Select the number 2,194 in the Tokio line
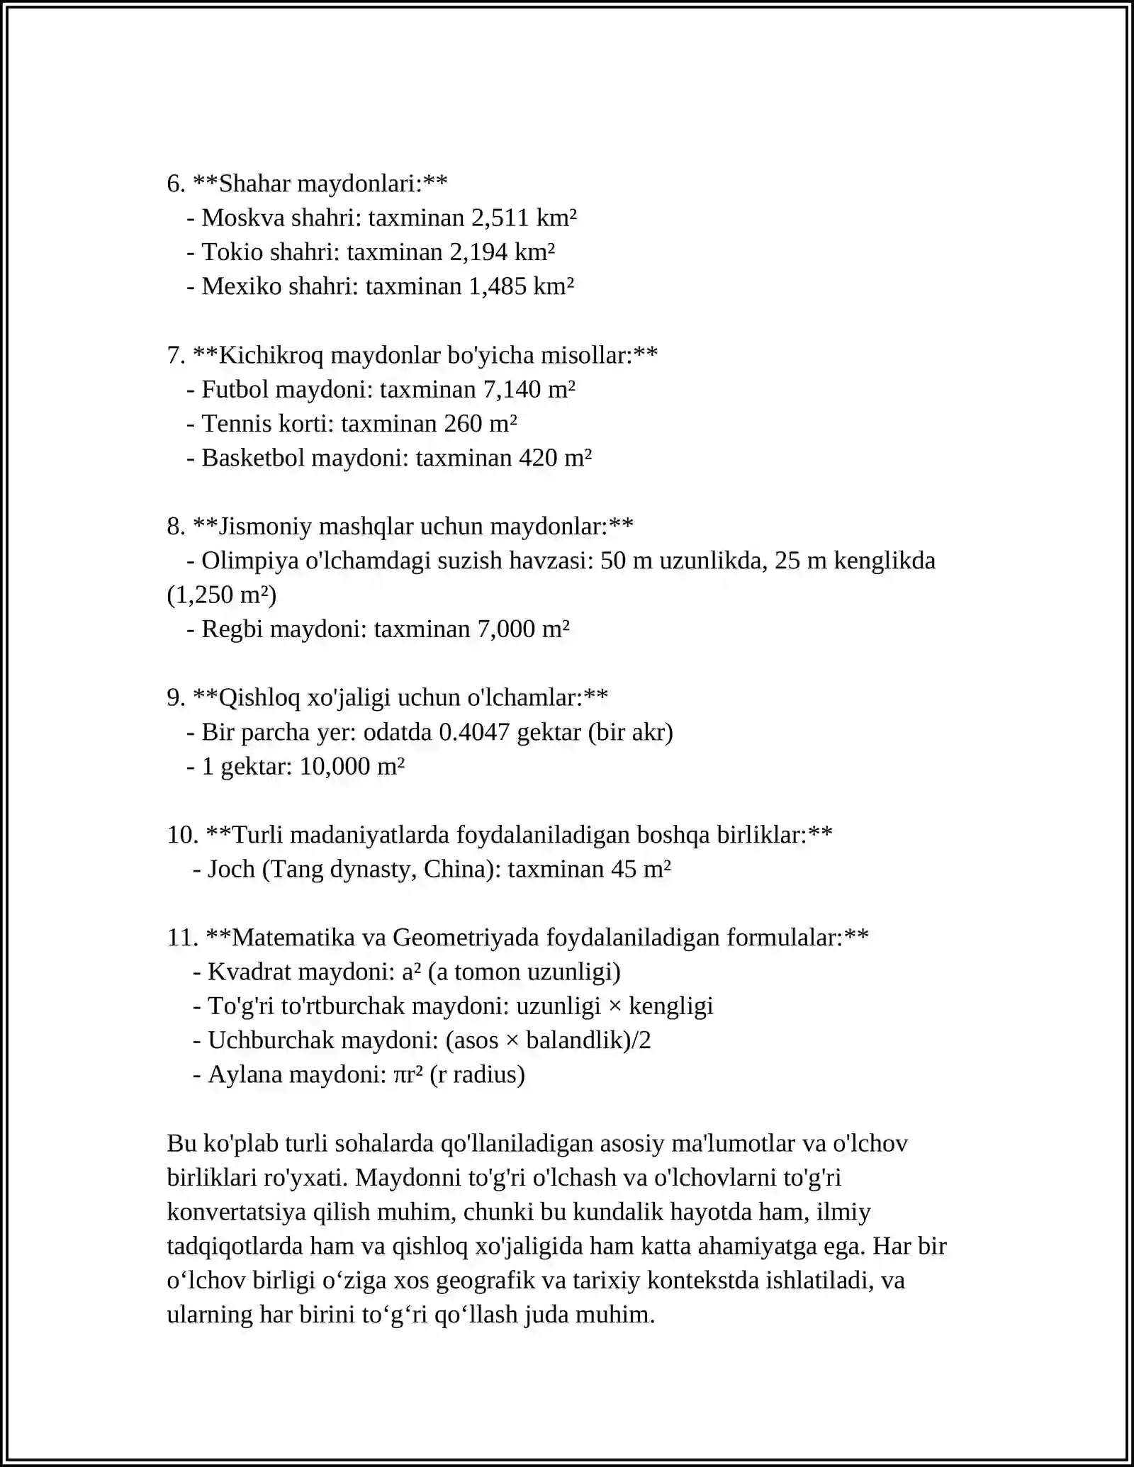coord(478,252)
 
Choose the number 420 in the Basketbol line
coord(538,458)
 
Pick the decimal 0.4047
coord(474,732)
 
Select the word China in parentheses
coord(454,869)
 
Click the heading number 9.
coord(175,697)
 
